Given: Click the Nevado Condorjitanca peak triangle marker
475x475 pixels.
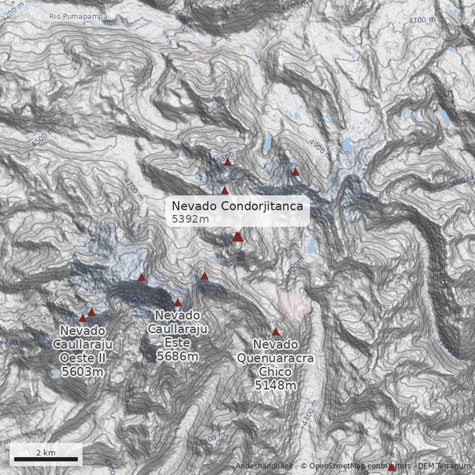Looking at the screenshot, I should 237,236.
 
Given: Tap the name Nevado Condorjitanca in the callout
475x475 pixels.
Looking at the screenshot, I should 237,206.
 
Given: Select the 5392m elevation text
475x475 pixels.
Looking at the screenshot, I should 190,219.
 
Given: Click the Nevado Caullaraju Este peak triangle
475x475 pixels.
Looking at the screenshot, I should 178,302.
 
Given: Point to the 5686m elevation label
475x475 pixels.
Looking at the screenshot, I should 178,356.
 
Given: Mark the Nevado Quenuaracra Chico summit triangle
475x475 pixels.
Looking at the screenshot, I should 275,331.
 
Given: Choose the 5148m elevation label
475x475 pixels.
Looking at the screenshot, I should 275,386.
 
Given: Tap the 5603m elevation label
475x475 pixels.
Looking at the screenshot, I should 83,372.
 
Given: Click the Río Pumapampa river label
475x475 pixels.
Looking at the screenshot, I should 79,17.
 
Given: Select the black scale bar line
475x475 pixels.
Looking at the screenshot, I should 46,459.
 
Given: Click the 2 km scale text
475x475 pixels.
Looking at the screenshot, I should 46,452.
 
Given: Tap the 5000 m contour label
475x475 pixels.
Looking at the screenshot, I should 134,299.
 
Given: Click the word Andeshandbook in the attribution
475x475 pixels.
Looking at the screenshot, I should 265,466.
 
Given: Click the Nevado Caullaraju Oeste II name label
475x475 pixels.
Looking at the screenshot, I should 83,344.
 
